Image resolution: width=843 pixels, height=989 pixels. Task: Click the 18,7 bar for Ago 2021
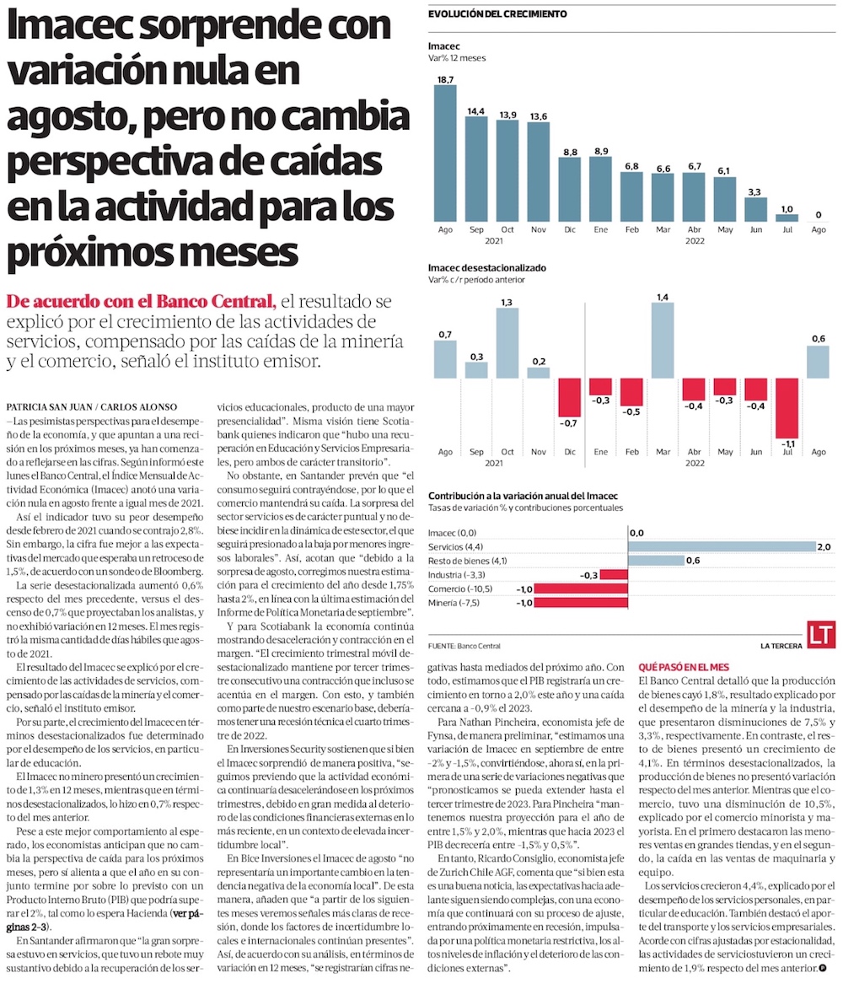pos(444,153)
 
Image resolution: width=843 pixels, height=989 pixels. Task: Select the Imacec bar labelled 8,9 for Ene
pos(599,188)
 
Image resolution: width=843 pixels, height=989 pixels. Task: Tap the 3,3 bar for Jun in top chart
pos(755,209)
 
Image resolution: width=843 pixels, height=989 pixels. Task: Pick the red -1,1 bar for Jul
pos(787,406)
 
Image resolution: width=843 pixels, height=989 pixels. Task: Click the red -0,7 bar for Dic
pos(569,396)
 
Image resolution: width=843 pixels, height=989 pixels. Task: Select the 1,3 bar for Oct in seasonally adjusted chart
pos(507,343)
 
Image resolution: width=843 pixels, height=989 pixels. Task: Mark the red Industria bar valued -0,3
pos(613,574)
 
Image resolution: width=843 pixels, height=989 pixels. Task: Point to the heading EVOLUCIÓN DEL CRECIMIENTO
pos(497,13)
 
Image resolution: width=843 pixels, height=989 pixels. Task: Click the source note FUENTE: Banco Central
pos(464,646)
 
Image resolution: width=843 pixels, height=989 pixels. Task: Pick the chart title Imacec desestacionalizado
pos(486,267)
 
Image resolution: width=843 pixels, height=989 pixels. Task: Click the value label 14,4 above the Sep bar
pos(475,110)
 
